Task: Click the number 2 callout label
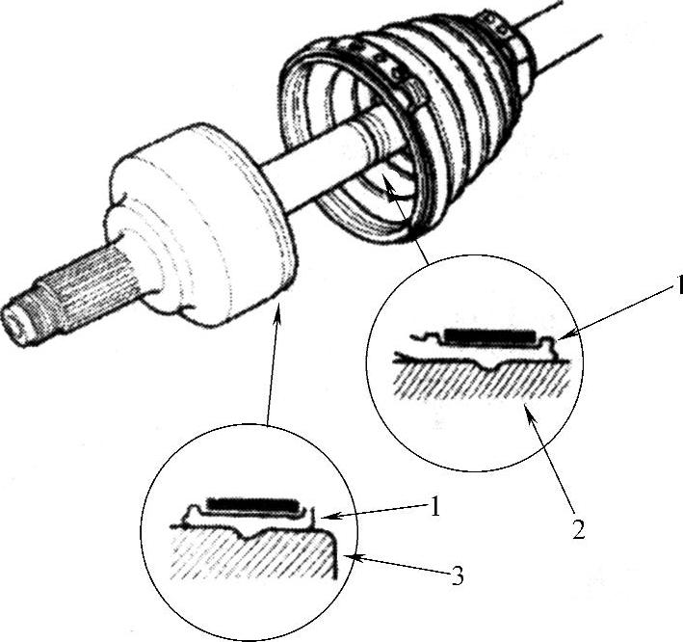click(578, 528)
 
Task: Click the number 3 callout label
click(457, 575)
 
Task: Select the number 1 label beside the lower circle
click(434, 506)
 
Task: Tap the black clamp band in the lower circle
click(250, 504)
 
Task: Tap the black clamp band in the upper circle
click(489, 335)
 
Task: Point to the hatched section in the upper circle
click(482, 378)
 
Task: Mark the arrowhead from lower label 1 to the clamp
click(328, 517)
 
